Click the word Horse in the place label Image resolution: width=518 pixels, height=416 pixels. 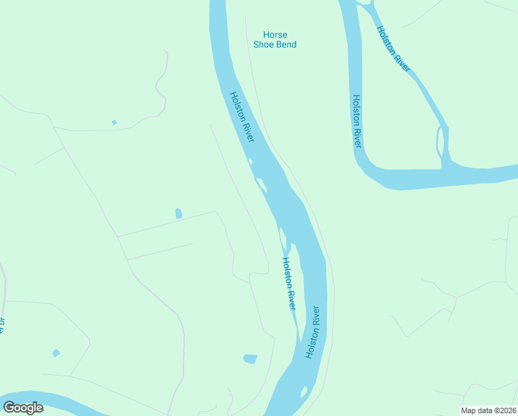[x=275, y=35]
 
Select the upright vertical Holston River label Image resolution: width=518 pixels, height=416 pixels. [x=356, y=121]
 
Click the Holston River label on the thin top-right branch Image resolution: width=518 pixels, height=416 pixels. [x=393, y=49]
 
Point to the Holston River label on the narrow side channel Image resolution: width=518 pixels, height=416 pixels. [x=289, y=284]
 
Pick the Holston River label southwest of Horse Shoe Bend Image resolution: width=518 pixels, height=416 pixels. [x=242, y=118]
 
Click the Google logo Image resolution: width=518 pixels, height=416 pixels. [x=23, y=408]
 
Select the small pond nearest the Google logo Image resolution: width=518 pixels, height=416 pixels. [x=56, y=353]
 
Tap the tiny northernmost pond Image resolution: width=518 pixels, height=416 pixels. [x=114, y=123]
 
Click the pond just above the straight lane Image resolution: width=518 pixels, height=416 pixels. [x=179, y=214]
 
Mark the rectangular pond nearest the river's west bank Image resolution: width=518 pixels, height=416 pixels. [x=250, y=358]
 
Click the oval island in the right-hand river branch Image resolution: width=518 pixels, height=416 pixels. [x=439, y=142]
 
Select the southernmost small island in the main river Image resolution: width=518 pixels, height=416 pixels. [x=303, y=392]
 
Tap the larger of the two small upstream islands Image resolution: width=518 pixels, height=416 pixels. [x=261, y=184]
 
